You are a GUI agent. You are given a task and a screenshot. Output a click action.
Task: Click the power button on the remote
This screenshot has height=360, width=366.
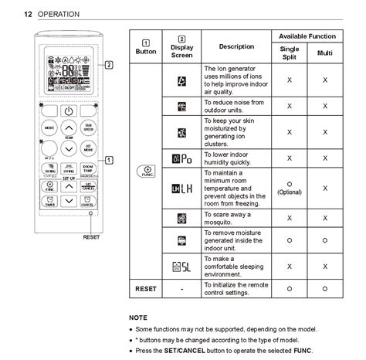pyautogui.click(x=69, y=110)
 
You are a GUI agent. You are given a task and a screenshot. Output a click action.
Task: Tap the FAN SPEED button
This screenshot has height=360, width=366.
pyautogui.click(x=89, y=127)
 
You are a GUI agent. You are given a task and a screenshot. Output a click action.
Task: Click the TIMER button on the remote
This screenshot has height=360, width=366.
pyautogui.click(x=49, y=202)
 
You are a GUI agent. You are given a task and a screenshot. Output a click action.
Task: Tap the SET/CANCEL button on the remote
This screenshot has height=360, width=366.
pyautogui.click(x=88, y=186)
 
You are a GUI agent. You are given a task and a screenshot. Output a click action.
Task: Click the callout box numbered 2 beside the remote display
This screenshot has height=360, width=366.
pyautogui.click(x=109, y=65)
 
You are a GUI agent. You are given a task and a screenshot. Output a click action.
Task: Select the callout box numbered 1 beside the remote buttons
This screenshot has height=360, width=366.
pyautogui.click(x=109, y=160)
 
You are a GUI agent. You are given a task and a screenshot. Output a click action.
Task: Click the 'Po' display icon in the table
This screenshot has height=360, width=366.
pyautogui.click(x=181, y=158)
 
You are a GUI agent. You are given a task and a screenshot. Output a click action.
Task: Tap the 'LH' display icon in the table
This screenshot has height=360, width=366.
pyautogui.click(x=181, y=188)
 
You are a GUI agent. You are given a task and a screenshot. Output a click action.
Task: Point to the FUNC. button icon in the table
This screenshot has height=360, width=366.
pyautogui.click(x=146, y=172)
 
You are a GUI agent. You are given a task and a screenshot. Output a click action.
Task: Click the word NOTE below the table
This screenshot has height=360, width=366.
pyautogui.click(x=139, y=318)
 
